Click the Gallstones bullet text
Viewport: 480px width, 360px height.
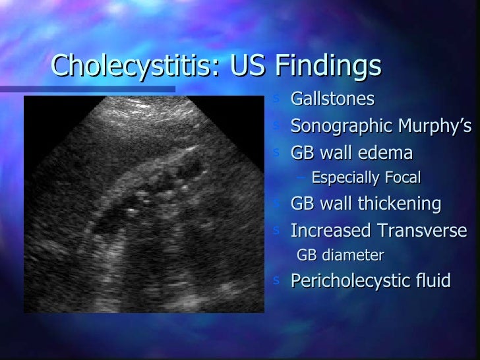tap(332, 100)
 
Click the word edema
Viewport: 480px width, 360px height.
tap(385, 153)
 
